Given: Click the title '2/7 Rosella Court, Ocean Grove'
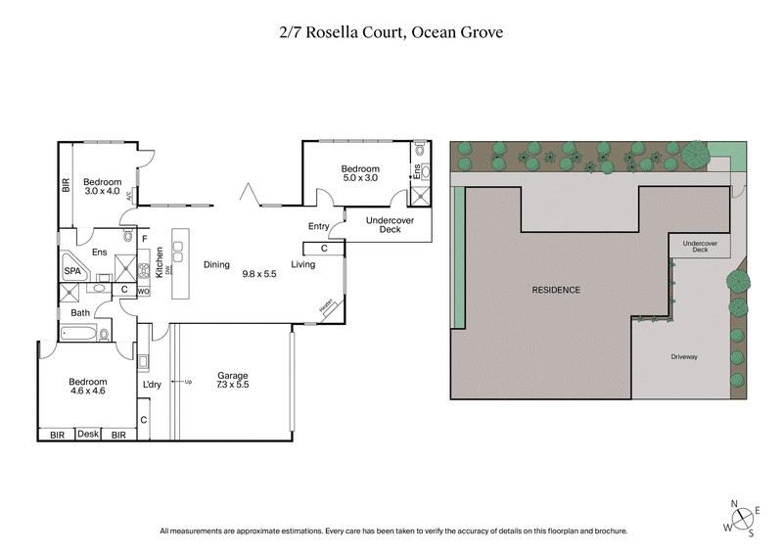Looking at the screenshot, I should [x=391, y=32].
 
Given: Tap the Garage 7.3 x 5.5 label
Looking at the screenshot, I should [x=232, y=381].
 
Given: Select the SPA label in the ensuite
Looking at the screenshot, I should [x=72, y=271].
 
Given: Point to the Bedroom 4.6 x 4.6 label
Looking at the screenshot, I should [x=87, y=386].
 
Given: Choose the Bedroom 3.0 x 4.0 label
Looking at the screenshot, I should [x=102, y=186].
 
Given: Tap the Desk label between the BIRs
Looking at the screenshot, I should [x=88, y=434].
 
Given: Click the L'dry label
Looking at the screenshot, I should [x=152, y=385].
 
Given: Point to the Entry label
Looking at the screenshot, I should [x=319, y=226].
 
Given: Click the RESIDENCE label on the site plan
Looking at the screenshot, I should [x=556, y=290].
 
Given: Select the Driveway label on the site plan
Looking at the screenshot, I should [x=684, y=357].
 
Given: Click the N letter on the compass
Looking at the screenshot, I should [x=735, y=504].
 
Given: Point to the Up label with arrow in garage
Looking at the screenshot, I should [x=186, y=382].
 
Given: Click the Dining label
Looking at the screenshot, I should [x=216, y=264].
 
